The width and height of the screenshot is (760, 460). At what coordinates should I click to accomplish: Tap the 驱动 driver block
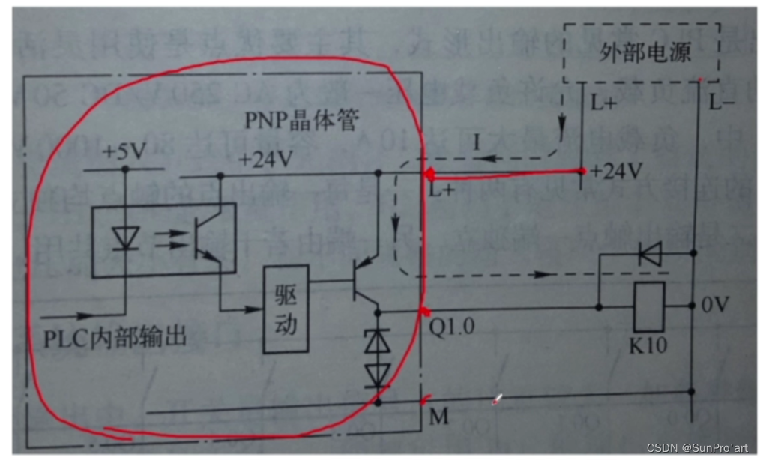(285, 308)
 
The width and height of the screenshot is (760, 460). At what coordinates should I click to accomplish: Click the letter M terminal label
(438, 416)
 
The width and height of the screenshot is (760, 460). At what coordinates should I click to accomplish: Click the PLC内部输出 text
(113, 337)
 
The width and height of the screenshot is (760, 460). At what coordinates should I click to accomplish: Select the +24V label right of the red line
(616, 172)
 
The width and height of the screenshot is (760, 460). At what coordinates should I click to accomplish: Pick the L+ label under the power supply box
(603, 104)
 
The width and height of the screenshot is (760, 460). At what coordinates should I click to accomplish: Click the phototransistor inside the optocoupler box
(203, 238)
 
